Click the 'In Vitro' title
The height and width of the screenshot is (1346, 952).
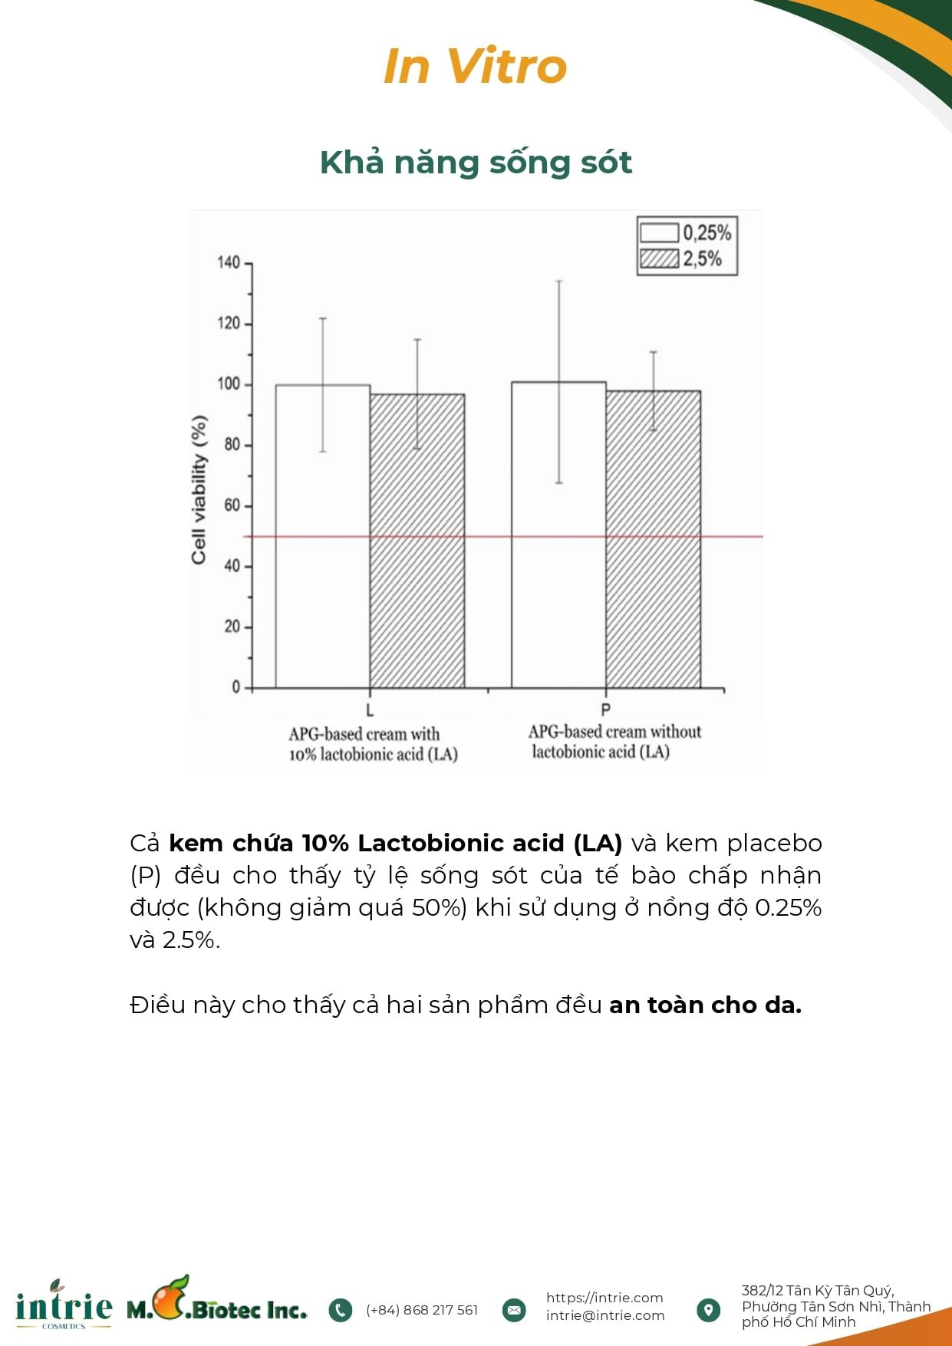[x=475, y=66]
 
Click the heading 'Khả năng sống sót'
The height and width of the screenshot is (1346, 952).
[x=476, y=163]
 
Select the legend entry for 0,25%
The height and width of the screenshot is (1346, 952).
[x=685, y=232]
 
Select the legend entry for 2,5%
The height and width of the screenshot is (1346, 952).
[x=680, y=258]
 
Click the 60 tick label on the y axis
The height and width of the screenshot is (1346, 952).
[x=232, y=505]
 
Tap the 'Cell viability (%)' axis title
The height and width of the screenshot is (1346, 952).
[x=199, y=490]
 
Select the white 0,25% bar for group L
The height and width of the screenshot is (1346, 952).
[x=323, y=536]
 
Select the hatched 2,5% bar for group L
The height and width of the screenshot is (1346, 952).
[x=417, y=541]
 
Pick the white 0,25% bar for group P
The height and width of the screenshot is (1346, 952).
[x=558, y=535]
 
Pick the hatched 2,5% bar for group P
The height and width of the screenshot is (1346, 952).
[x=653, y=539]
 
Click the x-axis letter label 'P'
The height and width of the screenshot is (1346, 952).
[x=605, y=710]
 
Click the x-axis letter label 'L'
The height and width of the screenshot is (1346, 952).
[x=370, y=710]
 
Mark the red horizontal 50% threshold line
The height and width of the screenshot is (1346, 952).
[x=503, y=537]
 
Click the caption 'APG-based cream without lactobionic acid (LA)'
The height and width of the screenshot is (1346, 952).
[x=614, y=742]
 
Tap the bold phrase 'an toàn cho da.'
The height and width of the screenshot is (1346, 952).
[x=705, y=1005]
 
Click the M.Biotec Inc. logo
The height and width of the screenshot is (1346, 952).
[x=216, y=1300]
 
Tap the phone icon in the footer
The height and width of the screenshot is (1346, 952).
[x=340, y=1310]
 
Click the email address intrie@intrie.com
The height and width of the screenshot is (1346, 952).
[x=605, y=1315]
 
